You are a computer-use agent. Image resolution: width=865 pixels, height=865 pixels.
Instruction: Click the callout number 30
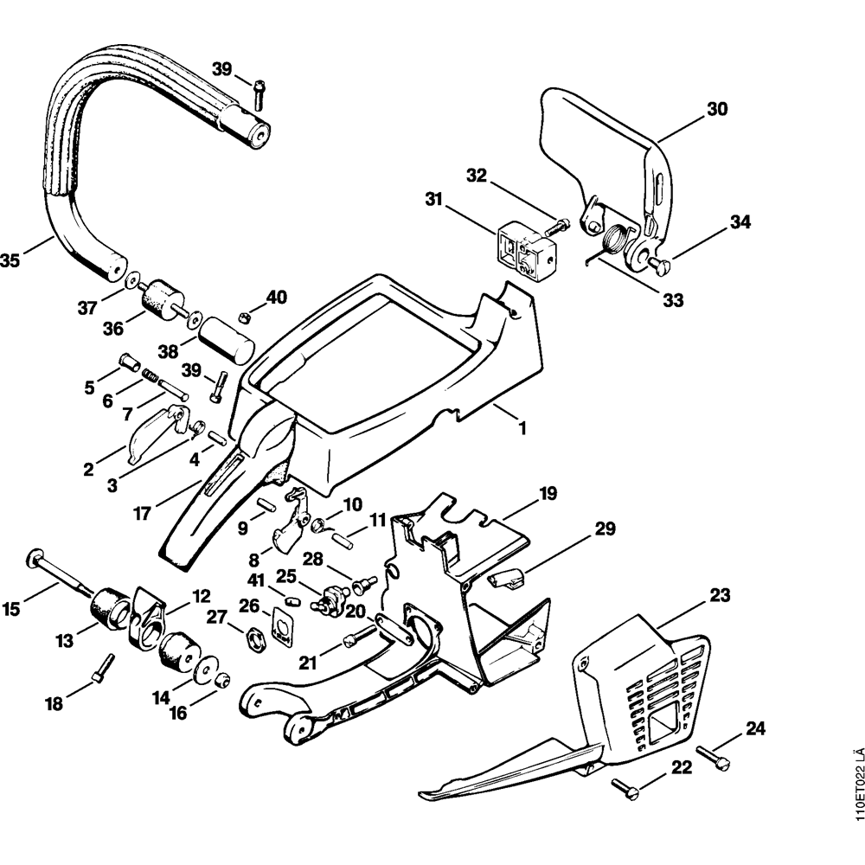pos(717,109)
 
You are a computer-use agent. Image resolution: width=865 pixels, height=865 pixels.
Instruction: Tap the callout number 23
pos(720,595)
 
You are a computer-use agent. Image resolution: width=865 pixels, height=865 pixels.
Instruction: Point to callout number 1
pos(522,426)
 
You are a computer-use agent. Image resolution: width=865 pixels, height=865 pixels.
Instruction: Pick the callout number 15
pos(11,609)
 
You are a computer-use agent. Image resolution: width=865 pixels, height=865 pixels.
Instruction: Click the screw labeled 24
pos(713,758)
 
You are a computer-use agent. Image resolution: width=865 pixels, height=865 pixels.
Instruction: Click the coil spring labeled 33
pos(620,236)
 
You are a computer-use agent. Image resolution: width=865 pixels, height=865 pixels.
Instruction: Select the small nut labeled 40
pos(245,316)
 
